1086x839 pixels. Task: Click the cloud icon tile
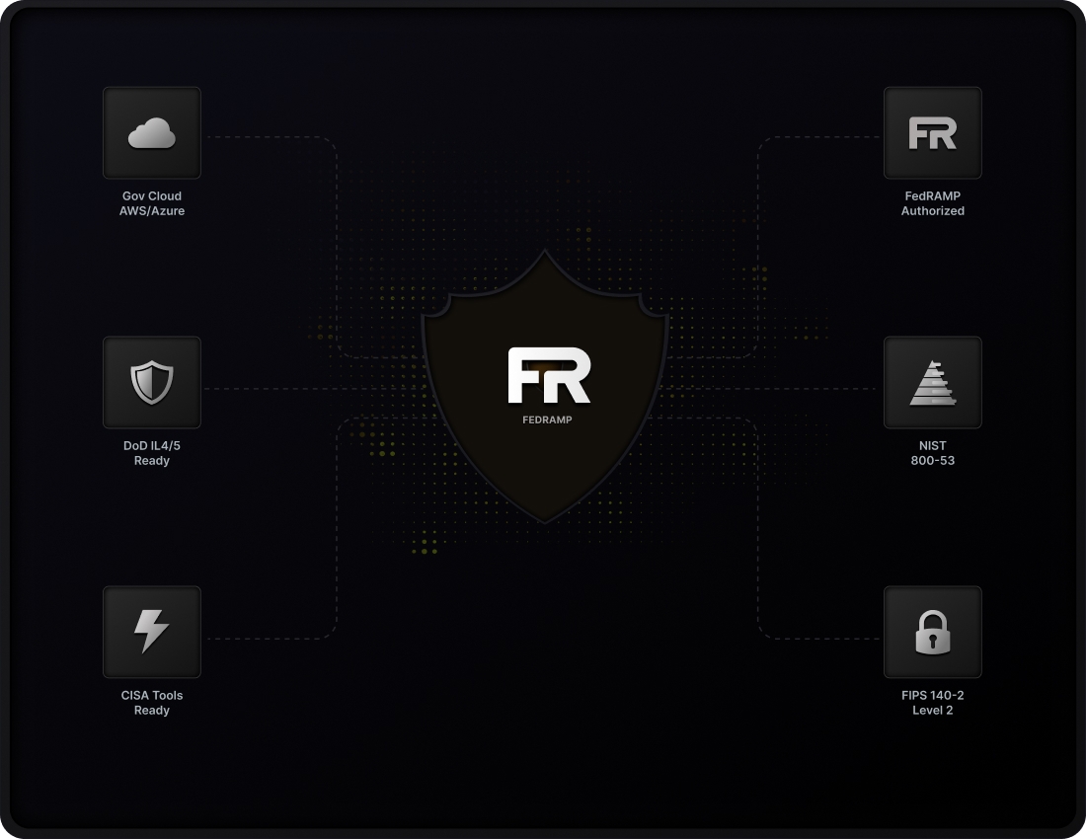(x=152, y=133)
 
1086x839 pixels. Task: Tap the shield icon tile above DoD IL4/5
(x=152, y=383)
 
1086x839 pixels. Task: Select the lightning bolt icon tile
(x=152, y=632)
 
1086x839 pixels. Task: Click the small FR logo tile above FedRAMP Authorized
(x=932, y=133)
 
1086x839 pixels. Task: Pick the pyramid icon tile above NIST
(x=932, y=383)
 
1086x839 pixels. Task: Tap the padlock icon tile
(x=932, y=632)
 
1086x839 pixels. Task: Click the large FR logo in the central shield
(x=549, y=375)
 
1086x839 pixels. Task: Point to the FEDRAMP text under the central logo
(x=547, y=419)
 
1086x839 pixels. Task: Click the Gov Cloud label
(x=152, y=196)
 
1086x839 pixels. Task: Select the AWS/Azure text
(x=152, y=211)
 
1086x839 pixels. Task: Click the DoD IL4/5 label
(x=152, y=446)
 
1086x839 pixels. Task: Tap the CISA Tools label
(x=152, y=696)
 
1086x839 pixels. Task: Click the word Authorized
(x=932, y=211)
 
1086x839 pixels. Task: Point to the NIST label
(x=932, y=446)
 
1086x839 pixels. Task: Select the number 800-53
(x=932, y=461)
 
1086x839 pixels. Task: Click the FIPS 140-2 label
(x=932, y=696)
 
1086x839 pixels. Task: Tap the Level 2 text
(x=932, y=711)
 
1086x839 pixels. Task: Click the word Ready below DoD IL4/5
(x=152, y=461)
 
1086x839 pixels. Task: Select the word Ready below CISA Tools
(x=152, y=711)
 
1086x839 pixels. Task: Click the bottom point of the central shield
(x=545, y=520)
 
